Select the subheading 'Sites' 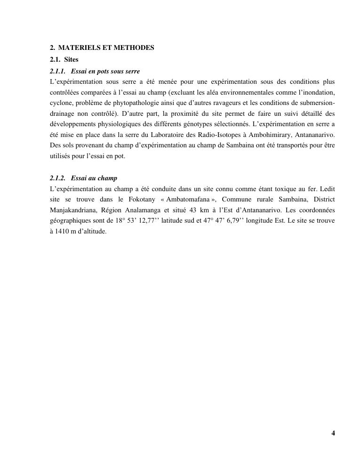click(x=72, y=60)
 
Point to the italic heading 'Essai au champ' click(x=94, y=178)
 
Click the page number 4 click(x=333, y=434)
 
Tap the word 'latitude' click(x=176, y=221)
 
